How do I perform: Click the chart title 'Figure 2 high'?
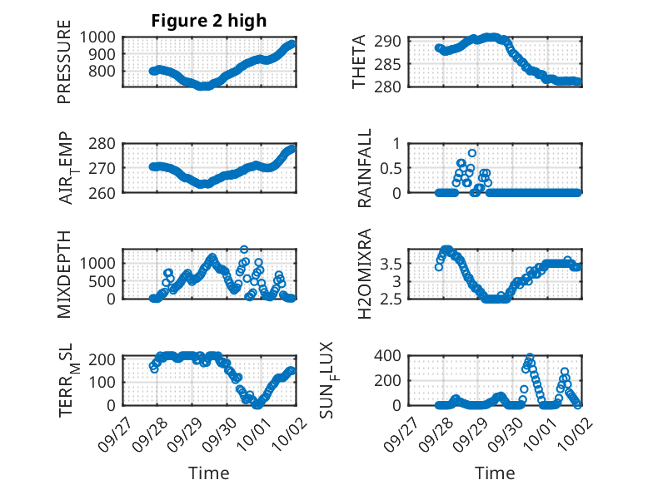pos(208,21)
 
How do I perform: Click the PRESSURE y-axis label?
pos(64,67)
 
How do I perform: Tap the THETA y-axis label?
pos(359,62)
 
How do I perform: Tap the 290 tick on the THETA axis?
pos(393,41)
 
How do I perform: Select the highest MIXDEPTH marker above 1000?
pos(244,249)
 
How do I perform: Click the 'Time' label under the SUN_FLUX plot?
pos(495,473)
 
